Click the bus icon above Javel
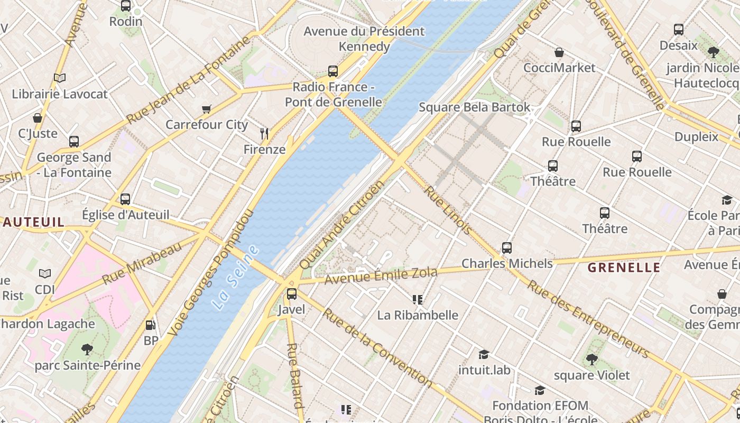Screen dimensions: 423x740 291,294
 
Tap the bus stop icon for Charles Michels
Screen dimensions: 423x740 507,247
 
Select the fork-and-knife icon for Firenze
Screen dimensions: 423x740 264,134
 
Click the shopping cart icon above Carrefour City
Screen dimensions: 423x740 207,109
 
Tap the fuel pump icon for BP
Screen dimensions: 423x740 151,325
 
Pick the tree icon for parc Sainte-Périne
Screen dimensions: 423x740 87,349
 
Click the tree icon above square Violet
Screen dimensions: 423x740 591,360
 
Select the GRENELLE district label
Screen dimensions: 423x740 624,268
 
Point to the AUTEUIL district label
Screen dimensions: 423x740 33,222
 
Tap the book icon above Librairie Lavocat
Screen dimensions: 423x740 60,78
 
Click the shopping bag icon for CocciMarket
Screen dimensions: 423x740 559,52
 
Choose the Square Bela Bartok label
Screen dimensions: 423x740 474,107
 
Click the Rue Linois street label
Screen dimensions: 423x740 448,210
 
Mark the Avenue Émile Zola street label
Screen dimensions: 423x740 381,275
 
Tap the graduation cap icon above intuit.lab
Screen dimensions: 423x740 484,354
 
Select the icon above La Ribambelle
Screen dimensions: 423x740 418,300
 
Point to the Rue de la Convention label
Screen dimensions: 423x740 377,347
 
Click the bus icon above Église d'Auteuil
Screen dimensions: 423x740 125,199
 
